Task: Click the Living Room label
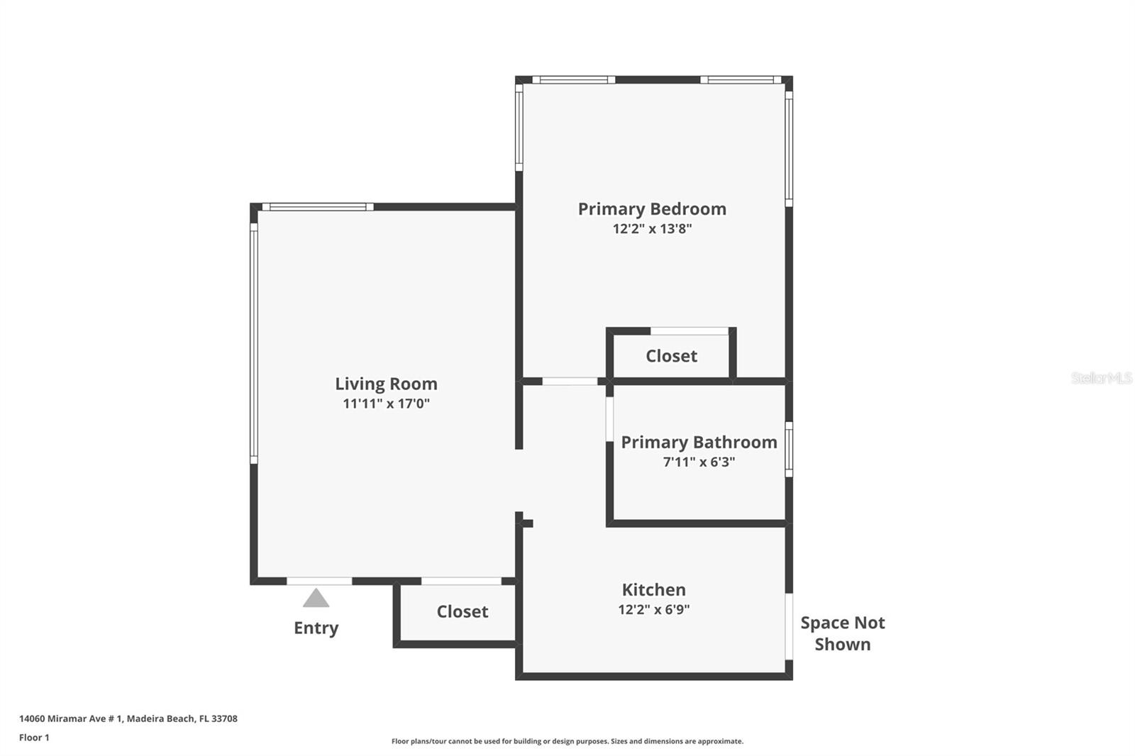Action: [x=386, y=384]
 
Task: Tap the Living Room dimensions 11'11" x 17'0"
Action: [x=386, y=404]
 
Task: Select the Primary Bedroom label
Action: [x=652, y=209]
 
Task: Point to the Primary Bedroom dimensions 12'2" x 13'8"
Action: [x=652, y=228]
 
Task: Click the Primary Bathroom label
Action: [x=699, y=443]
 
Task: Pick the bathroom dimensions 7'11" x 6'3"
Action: [x=699, y=462]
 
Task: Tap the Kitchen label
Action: [x=653, y=590]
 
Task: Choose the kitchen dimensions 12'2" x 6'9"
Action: [x=653, y=609]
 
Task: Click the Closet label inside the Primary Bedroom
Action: [x=671, y=356]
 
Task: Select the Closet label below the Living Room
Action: [x=462, y=611]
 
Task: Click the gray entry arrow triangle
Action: [x=316, y=599]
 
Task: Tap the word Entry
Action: [x=316, y=628]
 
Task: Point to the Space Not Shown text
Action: [x=842, y=633]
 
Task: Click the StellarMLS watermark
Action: [x=1101, y=378]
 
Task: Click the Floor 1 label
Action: [x=34, y=738]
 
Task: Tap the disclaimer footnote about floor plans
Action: [x=567, y=741]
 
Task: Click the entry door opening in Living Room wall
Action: [x=319, y=581]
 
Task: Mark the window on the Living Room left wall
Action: [x=254, y=344]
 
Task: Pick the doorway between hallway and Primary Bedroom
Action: [x=570, y=382]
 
